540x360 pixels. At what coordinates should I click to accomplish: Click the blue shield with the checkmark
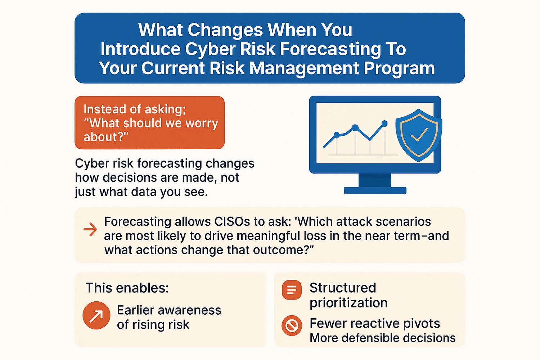tap(419, 135)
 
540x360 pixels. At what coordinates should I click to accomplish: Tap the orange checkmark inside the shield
tap(419, 134)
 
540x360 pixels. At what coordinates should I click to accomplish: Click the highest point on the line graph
tap(384, 124)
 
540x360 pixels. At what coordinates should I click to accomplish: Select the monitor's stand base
tap(375, 190)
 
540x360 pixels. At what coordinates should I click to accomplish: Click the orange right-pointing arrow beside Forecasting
tap(90, 229)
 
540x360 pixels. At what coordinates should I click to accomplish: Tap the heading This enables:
tap(127, 288)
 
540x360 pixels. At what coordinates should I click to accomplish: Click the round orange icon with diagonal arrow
tap(96, 315)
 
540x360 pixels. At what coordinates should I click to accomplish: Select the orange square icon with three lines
tap(292, 290)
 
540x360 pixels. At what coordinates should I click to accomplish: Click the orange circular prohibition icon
tap(292, 326)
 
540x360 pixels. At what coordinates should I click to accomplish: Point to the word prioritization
tap(348, 303)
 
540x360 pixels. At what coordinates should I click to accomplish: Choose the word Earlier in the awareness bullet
tap(135, 310)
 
